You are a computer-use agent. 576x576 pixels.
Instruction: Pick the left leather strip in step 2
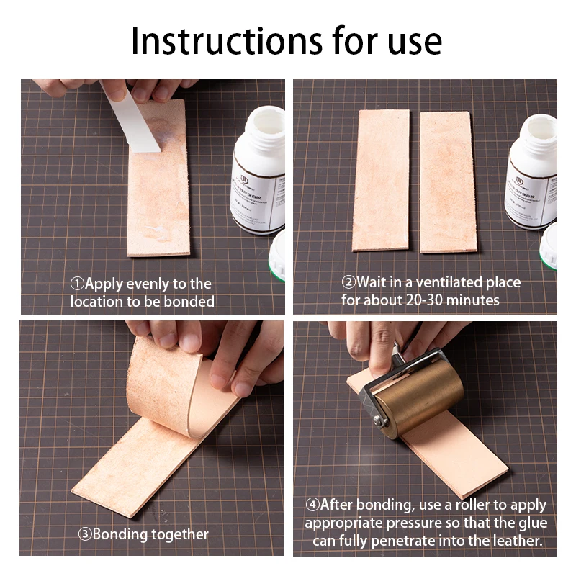pos(381,180)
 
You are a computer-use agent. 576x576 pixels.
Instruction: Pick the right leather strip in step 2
pos(448,181)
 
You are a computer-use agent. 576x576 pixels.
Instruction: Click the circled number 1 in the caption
pos(77,284)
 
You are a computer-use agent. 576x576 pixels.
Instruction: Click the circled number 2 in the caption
pos(348,282)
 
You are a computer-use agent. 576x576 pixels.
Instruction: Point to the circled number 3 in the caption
pos(85,534)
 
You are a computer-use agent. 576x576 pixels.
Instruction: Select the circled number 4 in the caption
pos(312,505)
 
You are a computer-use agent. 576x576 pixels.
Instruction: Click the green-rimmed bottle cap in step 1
pos(277,256)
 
